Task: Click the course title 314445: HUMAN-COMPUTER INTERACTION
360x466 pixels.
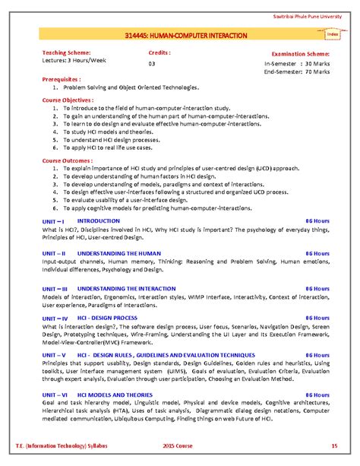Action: (181, 36)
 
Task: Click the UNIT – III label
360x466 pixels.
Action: (58, 289)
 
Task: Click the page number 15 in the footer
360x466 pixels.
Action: (333, 444)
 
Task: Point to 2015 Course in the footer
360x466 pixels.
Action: (181, 444)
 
